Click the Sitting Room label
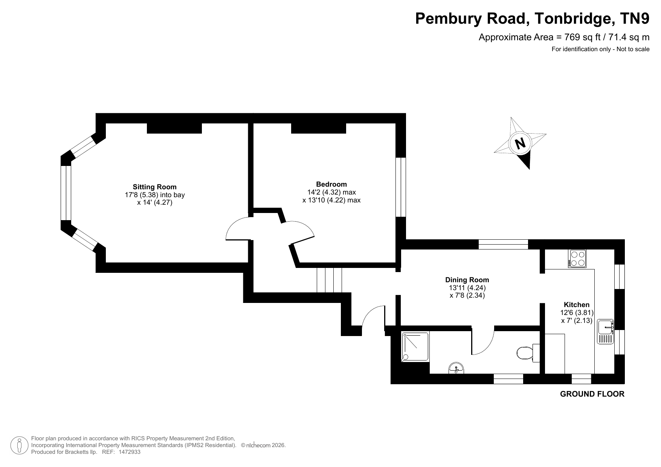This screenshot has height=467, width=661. click(x=154, y=187)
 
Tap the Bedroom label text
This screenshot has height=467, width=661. click(x=331, y=184)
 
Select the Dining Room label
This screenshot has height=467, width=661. click(x=467, y=280)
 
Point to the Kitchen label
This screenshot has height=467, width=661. click(x=577, y=305)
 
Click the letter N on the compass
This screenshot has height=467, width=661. click(x=520, y=143)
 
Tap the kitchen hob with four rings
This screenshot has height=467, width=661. click(x=578, y=259)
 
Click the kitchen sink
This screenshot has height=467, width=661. click(x=606, y=331)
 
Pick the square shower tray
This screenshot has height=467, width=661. click(x=415, y=347)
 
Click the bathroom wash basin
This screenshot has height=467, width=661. click(x=457, y=368)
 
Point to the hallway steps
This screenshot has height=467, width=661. click(x=329, y=280)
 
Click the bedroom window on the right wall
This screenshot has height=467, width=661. click(x=400, y=187)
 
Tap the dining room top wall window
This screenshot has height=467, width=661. click(x=503, y=244)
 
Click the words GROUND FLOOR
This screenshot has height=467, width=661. click(x=592, y=394)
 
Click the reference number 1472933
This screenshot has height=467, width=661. click(x=130, y=452)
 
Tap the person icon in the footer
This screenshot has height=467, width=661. click(x=19, y=445)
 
